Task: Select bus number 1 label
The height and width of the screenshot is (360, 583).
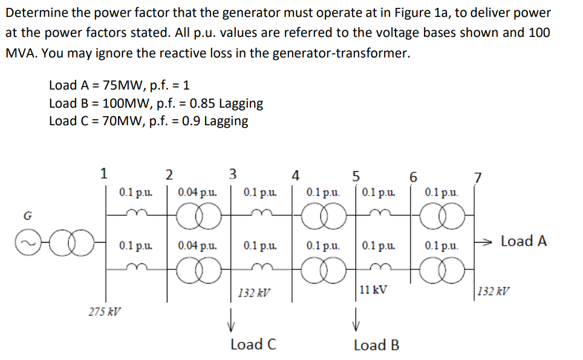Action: [104, 174]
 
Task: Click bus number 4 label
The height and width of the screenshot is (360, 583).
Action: [295, 176]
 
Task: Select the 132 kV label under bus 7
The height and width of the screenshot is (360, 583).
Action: [493, 291]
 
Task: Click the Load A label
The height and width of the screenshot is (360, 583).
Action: [524, 241]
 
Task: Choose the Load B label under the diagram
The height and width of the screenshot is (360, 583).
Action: [376, 345]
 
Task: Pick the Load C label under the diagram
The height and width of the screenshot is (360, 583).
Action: [254, 345]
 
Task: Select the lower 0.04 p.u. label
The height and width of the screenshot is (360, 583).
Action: [198, 247]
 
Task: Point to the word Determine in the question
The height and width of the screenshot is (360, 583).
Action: [34, 13]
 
